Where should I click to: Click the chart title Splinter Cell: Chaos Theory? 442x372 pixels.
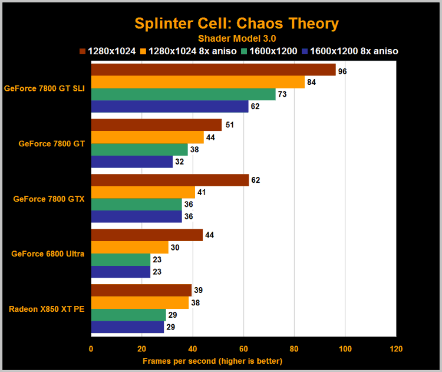(236, 24)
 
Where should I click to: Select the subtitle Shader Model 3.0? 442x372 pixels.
(236, 38)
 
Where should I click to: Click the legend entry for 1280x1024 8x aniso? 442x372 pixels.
(190, 51)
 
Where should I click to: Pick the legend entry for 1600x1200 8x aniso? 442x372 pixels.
(350, 51)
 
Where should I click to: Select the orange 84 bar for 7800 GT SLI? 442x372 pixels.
(198, 82)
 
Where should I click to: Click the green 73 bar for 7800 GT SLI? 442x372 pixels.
(183, 94)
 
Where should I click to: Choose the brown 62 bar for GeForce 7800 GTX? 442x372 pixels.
(170, 180)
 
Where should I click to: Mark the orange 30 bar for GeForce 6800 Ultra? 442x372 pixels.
(129, 248)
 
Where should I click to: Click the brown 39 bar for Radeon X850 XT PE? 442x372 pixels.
(141, 290)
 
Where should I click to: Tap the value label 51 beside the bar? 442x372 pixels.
(230, 125)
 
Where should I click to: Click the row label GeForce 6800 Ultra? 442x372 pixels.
(48, 254)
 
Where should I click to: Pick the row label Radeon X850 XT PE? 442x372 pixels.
(47, 309)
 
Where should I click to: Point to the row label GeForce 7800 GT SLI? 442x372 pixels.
(44, 88)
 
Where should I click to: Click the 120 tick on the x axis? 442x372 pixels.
(396, 348)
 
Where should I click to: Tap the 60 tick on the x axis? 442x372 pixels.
(243, 348)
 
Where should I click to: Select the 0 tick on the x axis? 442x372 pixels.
(91, 348)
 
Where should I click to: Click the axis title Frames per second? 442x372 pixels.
(212, 361)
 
